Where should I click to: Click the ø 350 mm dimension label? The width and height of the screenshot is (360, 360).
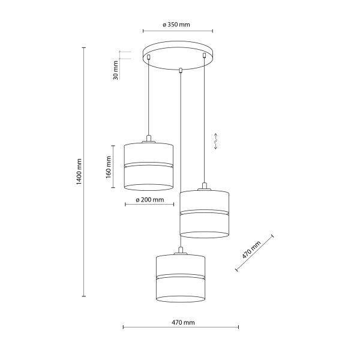176,25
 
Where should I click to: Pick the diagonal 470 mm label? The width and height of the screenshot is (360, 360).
252,250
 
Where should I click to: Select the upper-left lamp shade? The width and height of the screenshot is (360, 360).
148,165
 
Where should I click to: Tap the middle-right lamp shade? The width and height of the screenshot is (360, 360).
205,213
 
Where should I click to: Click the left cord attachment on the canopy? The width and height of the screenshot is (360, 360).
148,57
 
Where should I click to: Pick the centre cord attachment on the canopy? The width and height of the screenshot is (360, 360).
179,70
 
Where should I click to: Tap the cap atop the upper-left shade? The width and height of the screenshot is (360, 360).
148,141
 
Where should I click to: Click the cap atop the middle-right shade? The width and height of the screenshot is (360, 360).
205,188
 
